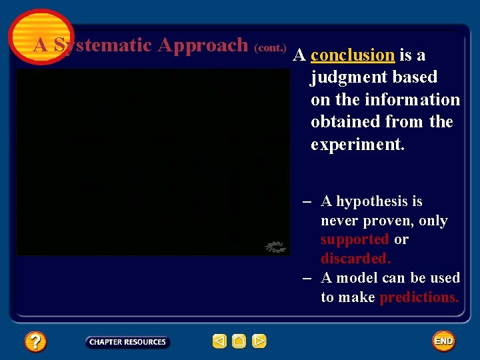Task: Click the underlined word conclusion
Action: [x=353, y=55]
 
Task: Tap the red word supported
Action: [x=354, y=239]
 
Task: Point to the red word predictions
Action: [x=419, y=297]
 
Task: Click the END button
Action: [x=443, y=341]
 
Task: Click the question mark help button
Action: [x=35, y=342]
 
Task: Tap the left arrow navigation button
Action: [x=219, y=341]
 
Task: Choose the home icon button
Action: [x=239, y=341]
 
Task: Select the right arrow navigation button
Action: [x=259, y=341]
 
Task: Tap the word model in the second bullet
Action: [x=355, y=278]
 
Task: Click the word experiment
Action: [x=357, y=145]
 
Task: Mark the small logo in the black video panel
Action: [x=275, y=247]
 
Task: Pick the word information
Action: [x=413, y=100]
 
